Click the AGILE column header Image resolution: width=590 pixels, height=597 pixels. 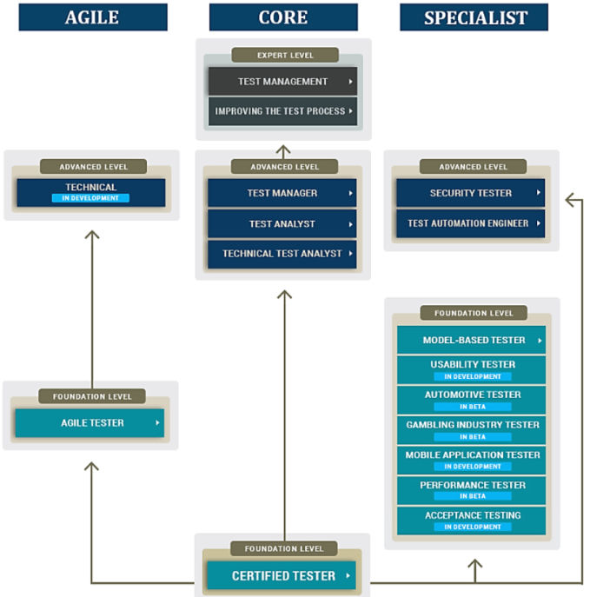[x=91, y=17]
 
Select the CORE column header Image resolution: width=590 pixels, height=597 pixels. [x=283, y=17]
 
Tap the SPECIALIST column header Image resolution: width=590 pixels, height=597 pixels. [x=474, y=17]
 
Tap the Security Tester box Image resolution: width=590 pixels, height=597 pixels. [x=470, y=193]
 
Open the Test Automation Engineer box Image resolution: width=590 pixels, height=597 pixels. [x=470, y=223]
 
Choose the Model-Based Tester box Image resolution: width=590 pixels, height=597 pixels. [x=472, y=340]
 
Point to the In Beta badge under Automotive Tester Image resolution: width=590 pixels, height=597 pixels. [x=473, y=407]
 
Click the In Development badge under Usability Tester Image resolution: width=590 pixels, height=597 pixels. [x=473, y=376]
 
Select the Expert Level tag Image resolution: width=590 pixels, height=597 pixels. [x=284, y=56]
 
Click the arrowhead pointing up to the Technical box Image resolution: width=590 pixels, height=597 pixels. [x=91, y=235]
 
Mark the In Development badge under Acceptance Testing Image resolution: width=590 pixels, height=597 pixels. [x=473, y=527]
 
